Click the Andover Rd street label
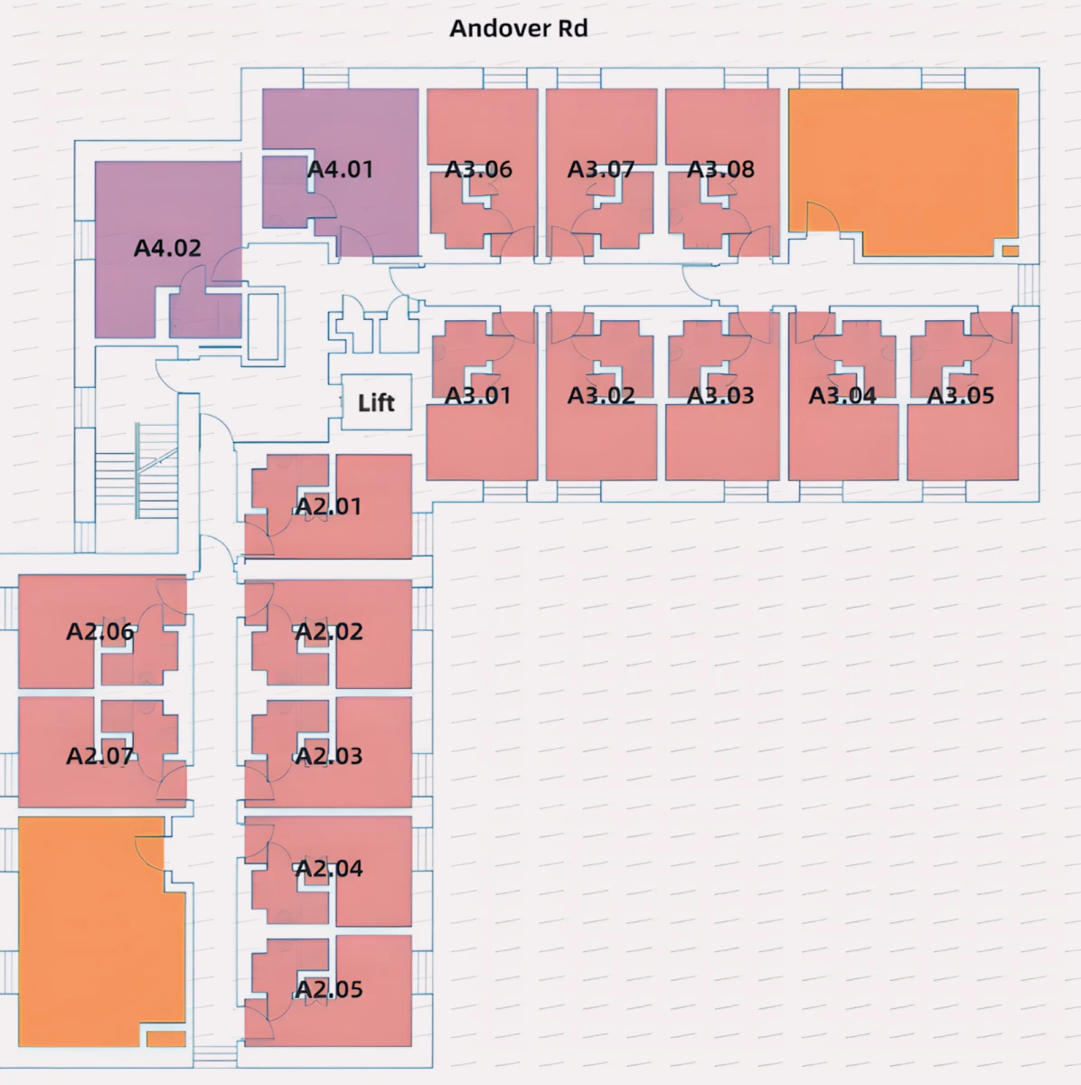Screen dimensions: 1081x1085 point(519,28)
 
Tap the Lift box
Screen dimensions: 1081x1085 point(377,402)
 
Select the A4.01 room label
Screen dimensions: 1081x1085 point(341,169)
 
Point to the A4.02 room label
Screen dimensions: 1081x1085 point(167,248)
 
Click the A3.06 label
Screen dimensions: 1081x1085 point(478,169)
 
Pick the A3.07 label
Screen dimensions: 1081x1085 point(601,169)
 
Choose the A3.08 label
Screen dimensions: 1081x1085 point(720,169)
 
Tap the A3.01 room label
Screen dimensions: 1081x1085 point(478,395)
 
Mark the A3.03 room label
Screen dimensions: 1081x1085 point(720,395)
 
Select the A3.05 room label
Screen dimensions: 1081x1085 point(961,395)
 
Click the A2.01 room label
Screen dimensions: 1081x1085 point(328,506)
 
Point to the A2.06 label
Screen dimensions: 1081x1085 point(100,631)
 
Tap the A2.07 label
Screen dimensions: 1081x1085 point(100,756)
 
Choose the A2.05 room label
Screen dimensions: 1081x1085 point(329,989)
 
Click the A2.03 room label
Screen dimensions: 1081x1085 point(329,756)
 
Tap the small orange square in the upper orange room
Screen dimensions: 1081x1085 point(1010,250)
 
